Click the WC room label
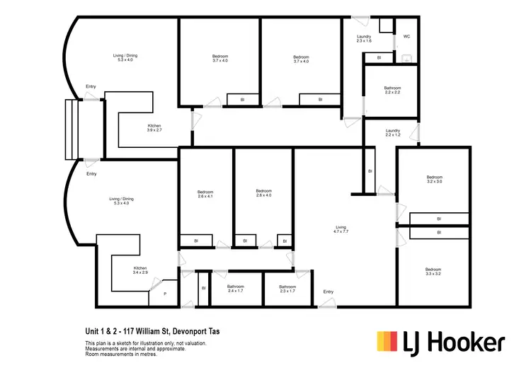pos(407,36)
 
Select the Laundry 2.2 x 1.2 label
pos(393,132)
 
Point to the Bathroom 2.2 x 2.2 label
pos(393,90)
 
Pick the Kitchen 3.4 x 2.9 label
pos(140,271)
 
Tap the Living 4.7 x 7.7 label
pos(341,229)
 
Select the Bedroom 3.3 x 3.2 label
pos(434,271)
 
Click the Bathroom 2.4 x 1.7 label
pos(236,289)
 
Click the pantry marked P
pos(165,294)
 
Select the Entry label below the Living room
pos(329,292)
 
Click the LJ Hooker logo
pos(440,342)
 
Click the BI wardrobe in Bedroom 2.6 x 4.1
pos(196,241)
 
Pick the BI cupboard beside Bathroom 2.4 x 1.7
pos(203,288)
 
